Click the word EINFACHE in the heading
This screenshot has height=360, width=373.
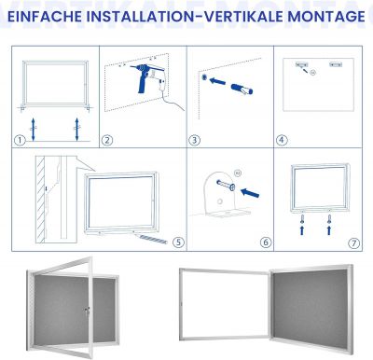[45, 17]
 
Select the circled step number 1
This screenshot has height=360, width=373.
[20, 140]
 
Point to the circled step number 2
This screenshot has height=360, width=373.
[107, 140]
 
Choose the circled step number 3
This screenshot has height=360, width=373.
[194, 140]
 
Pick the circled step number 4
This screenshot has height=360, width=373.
[282, 140]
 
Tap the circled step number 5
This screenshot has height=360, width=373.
[178, 242]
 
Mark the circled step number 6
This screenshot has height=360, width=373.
[266, 242]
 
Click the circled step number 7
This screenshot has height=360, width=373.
[353, 242]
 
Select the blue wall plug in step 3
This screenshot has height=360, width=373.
[242, 89]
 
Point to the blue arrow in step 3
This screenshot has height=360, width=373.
[217, 82]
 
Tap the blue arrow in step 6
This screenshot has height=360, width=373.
[250, 193]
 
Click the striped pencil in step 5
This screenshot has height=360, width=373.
[151, 239]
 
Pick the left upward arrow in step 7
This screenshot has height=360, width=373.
[302, 230]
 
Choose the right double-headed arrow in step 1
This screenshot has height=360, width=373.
[76, 129]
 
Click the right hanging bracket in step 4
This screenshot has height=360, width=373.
[336, 64]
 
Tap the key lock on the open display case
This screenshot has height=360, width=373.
[87, 311]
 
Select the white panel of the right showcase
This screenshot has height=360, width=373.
[225, 306]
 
